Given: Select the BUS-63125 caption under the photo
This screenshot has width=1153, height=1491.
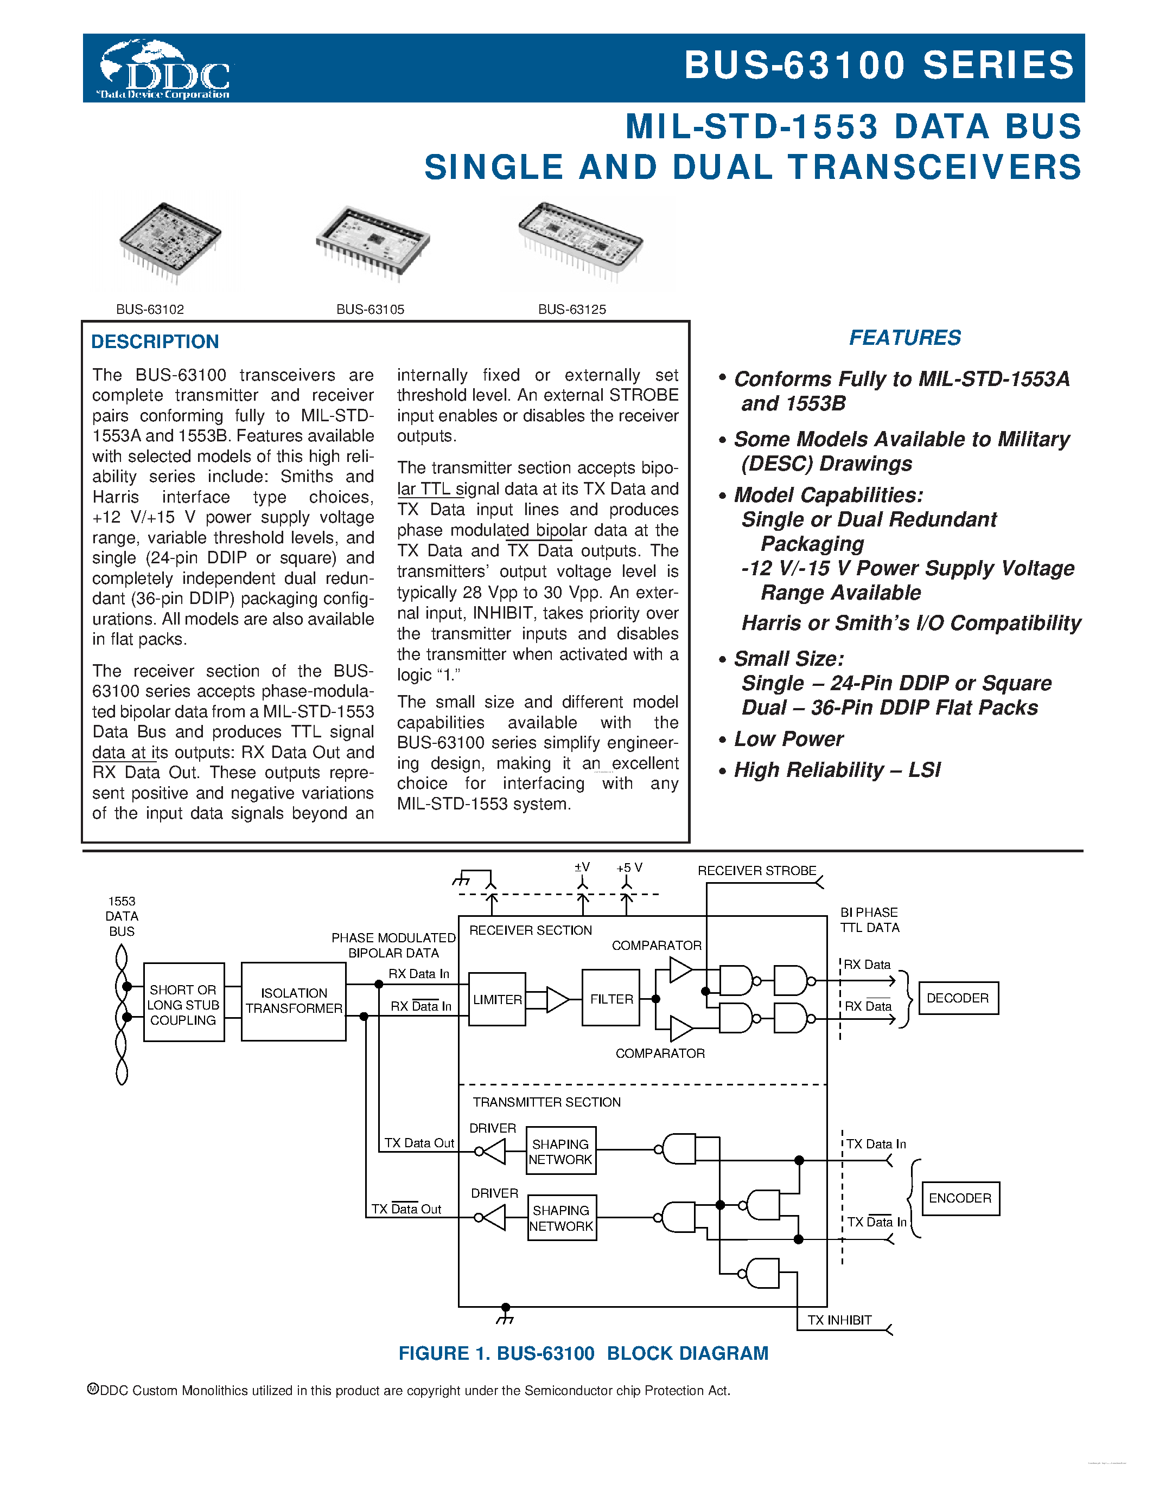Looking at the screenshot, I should (x=572, y=309).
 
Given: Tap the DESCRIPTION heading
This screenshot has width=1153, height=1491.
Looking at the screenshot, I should (x=155, y=342).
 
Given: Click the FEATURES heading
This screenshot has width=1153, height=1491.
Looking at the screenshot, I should (x=904, y=337).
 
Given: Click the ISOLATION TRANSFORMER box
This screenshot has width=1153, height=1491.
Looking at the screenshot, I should (x=294, y=1001).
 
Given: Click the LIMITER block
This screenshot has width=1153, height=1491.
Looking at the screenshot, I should (x=497, y=999).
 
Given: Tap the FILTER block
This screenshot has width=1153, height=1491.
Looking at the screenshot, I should (x=611, y=999).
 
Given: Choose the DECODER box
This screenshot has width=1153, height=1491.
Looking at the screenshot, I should (x=958, y=998).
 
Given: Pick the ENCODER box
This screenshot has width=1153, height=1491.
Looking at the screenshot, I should (x=960, y=1198).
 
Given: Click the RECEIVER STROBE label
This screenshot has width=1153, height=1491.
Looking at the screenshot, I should (x=757, y=870).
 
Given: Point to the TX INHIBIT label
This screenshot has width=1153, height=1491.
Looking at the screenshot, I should (x=839, y=1320).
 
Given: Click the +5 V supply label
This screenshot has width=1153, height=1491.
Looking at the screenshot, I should (x=629, y=867).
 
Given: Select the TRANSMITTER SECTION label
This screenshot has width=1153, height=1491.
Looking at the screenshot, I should (x=546, y=1102).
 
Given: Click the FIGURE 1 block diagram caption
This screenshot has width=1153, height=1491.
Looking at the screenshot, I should (x=583, y=1353).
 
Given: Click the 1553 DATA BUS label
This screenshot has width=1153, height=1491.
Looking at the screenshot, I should (x=122, y=916).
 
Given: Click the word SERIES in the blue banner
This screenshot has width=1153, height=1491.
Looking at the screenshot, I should (x=998, y=66).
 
